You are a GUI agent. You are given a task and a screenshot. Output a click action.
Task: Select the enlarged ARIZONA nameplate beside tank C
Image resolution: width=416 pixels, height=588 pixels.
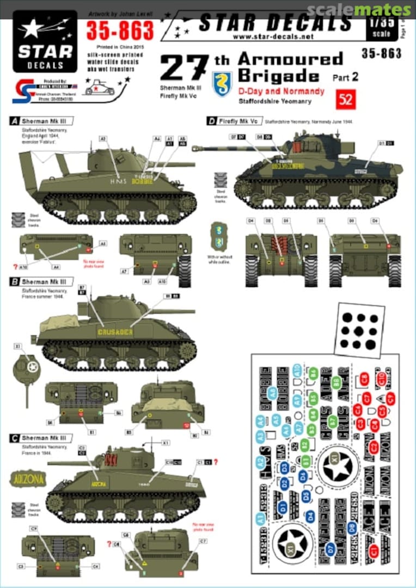click(x=28, y=479)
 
